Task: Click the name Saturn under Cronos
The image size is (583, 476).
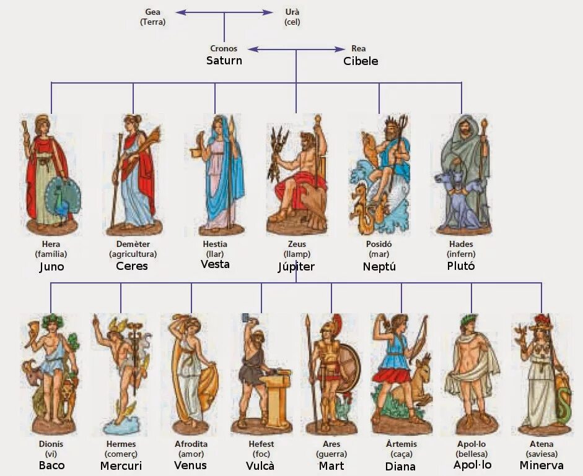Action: coord(224,61)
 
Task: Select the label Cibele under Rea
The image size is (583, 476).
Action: coord(361,61)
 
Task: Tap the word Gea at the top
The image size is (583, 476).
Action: coord(152,12)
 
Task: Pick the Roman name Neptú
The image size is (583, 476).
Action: coord(379,267)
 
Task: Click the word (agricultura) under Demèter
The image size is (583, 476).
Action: coord(133,254)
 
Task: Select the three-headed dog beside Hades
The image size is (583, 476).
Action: coord(457,192)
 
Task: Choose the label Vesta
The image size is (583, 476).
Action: coord(215,264)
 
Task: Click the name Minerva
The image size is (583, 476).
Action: coord(541,465)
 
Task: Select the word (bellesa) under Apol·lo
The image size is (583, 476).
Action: coord(471,454)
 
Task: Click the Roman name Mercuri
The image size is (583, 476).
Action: coord(120,465)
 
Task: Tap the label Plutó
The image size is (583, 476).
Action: coord(460,266)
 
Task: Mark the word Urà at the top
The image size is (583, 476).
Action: coord(292,12)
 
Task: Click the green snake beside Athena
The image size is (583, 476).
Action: coord(564,396)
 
